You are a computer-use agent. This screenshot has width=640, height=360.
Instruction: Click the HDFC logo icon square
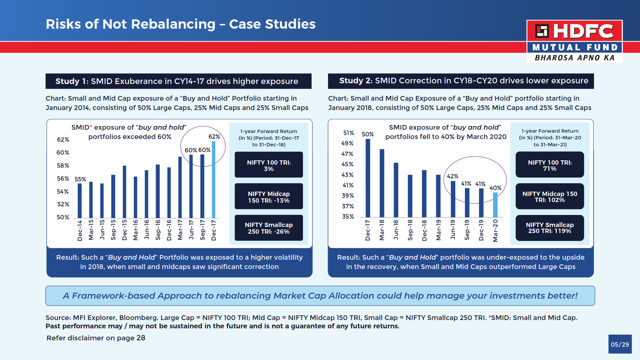[542, 31]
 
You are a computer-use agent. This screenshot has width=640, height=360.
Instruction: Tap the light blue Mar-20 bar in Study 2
[495, 205]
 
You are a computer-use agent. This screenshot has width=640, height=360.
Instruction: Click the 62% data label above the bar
[214, 137]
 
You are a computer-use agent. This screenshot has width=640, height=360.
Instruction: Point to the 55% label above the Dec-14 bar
[80, 179]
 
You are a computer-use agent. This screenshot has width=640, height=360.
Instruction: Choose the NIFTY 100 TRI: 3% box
[269, 165]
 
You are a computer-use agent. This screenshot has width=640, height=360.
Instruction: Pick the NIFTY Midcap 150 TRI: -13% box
[269, 196]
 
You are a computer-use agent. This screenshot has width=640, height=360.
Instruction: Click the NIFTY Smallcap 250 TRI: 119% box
[550, 228]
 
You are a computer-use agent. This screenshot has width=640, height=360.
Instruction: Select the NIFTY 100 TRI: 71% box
[550, 165]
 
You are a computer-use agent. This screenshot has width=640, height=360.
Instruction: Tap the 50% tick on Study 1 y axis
[63, 217]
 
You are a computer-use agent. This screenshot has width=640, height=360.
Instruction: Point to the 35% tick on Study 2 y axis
[348, 217]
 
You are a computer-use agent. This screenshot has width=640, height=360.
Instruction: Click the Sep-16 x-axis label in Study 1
[158, 230]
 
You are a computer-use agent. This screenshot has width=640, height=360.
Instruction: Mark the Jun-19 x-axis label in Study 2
[453, 230]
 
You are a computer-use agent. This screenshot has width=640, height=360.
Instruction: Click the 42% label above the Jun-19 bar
[452, 176]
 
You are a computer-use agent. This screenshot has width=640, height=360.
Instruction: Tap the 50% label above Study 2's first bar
[368, 134]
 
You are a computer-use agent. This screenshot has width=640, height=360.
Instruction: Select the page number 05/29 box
[620, 344]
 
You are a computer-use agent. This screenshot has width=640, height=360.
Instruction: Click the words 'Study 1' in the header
[72, 81]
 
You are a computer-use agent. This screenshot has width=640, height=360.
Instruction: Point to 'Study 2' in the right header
[355, 81]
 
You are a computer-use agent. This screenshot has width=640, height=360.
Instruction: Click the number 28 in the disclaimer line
[141, 338]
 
